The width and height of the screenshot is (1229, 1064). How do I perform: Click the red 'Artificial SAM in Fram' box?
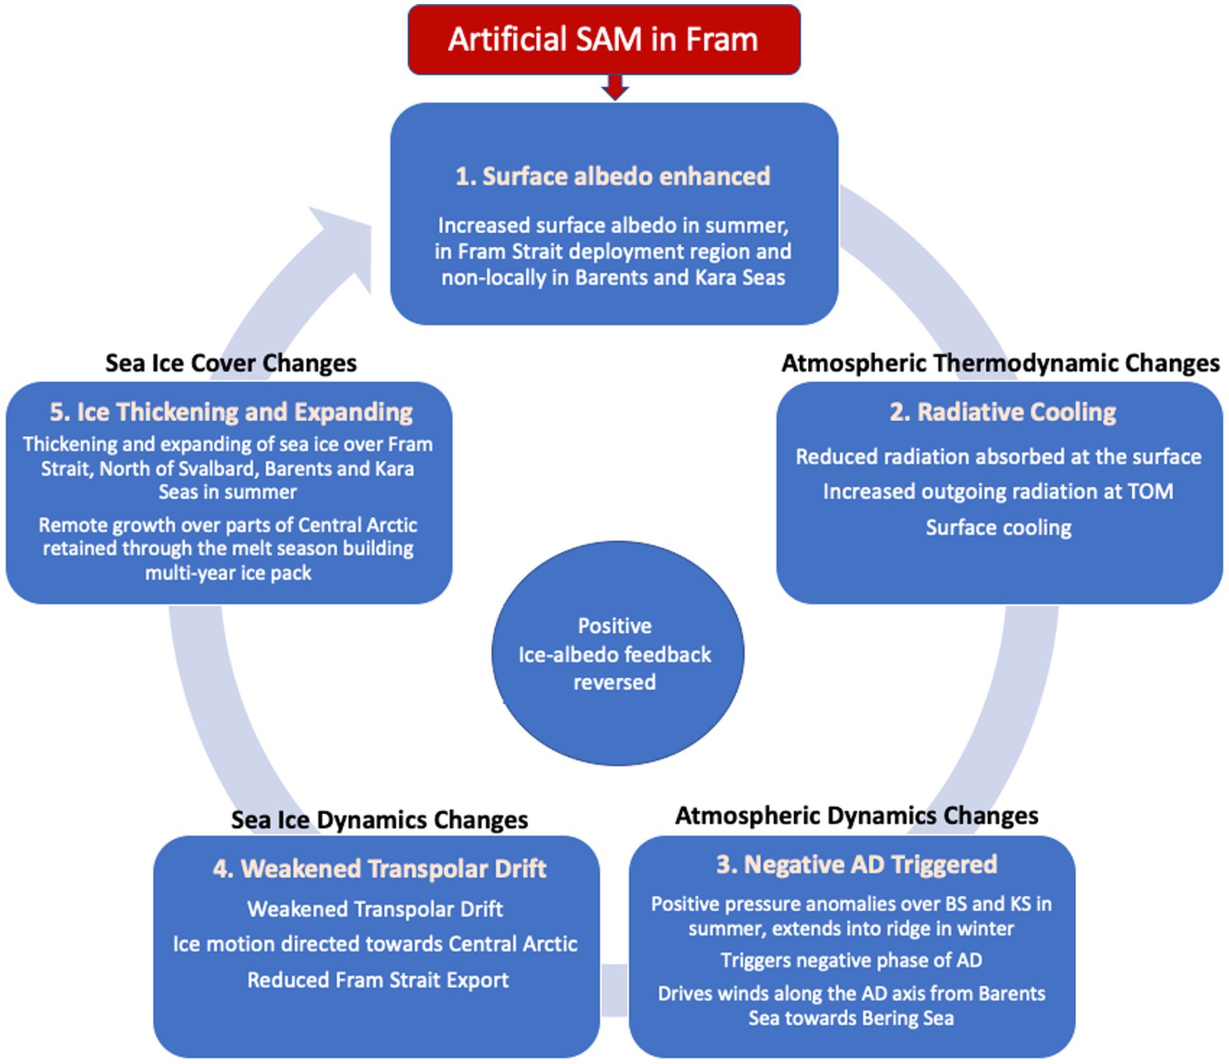pyautogui.click(x=603, y=39)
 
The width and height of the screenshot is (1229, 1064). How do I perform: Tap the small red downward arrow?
pyautogui.click(x=615, y=88)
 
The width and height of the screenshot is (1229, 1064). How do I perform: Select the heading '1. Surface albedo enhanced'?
pyautogui.click(x=613, y=176)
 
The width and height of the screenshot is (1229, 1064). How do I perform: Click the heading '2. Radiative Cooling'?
pyautogui.click(x=1002, y=413)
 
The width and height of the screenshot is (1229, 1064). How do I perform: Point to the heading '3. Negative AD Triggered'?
pyautogui.click(x=856, y=865)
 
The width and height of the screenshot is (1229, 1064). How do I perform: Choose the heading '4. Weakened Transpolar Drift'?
pyautogui.click(x=380, y=869)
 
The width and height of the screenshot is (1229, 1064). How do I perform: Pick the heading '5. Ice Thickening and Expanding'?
pyautogui.click(x=231, y=413)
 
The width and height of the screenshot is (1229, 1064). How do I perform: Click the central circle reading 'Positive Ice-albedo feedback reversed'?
pyautogui.click(x=616, y=654)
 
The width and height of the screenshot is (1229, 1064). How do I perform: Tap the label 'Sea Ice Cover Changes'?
pyautogui.click(x=231, y=363)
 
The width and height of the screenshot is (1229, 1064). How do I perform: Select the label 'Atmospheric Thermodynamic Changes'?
pyautogui.click(x=1000, y=363)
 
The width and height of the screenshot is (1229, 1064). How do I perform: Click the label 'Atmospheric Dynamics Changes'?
pyautogui.click(x=857, y=816)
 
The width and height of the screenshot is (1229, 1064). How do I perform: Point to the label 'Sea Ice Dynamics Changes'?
pyautogui.click(x=380, y=820)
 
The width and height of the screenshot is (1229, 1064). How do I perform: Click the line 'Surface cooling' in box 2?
pyautogui.click(x=998, y=528)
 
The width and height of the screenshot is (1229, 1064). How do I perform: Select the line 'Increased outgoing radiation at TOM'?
pyautogui.click(x=998, y=491)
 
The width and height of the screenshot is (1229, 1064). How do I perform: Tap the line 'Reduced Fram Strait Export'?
pyautogui.click(x=378, y=980)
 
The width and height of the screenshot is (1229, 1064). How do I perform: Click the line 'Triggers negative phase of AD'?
pyautogui.click(x=851, y=961)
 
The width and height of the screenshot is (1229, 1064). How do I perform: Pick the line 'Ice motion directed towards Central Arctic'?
pyautogui.click(x=375, y=944)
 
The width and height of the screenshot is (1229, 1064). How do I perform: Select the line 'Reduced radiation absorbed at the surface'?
pyautogui.click(x=998, y=457)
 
